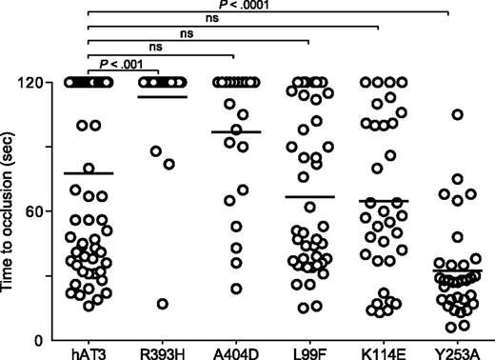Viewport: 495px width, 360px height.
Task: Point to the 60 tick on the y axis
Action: (x=40, y=210)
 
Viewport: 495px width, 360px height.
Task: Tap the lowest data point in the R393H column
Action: (x=163, y=304)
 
